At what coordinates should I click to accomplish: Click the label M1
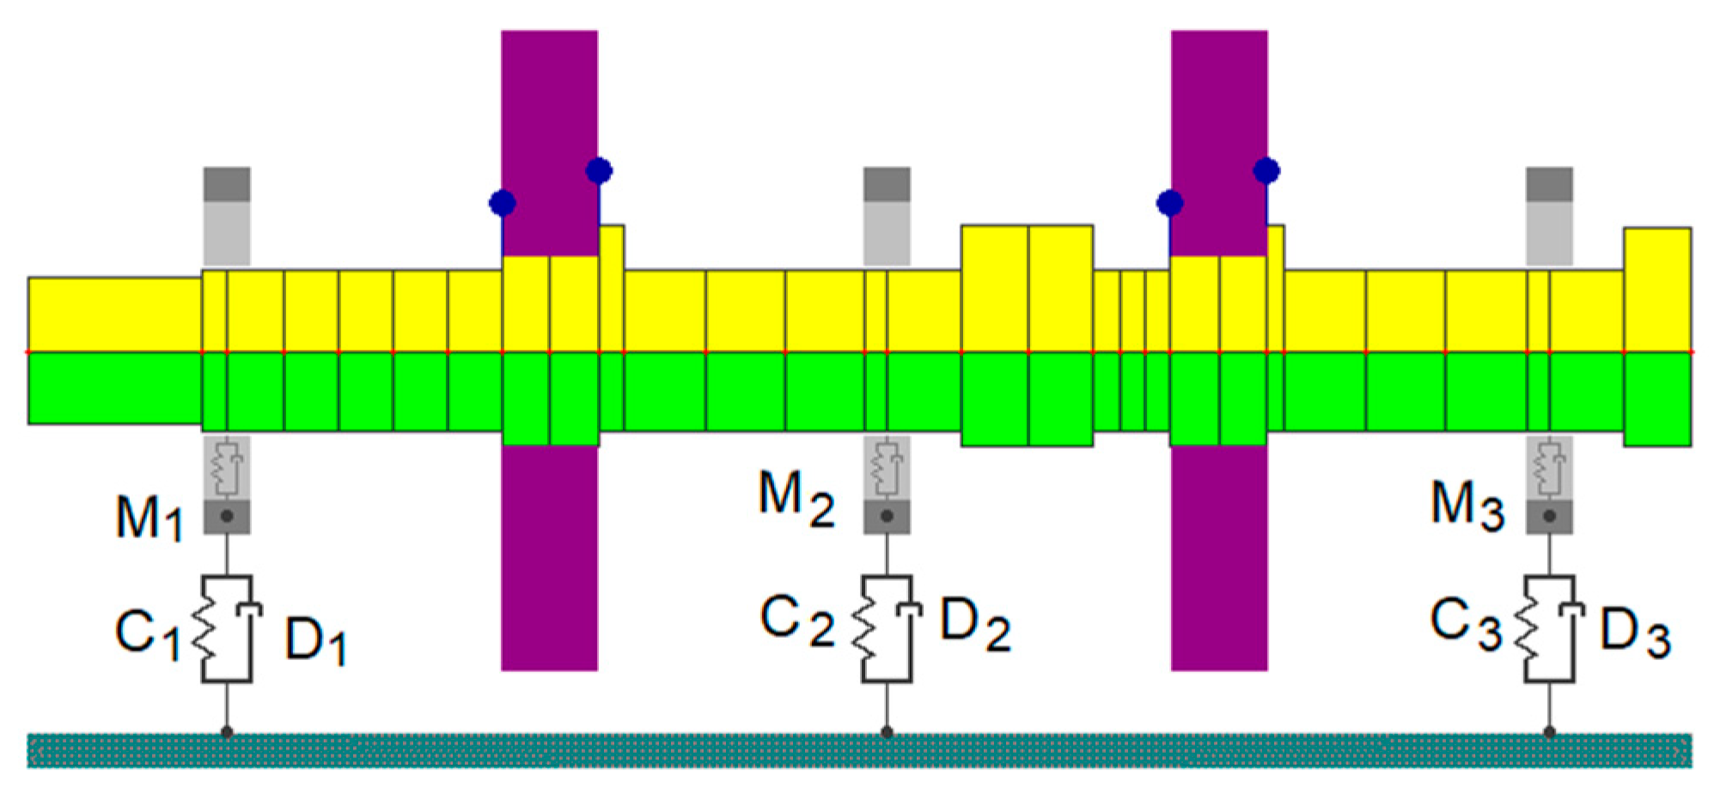tap(149, 518)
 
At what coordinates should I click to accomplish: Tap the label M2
tap(796, 499)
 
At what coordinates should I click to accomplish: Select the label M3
tap(1467, 505)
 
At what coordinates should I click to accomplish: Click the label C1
tap(148, 635)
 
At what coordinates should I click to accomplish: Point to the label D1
tap(315, 641)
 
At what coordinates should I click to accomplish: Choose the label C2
tap(796, 621)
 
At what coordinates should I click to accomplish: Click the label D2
tap(975, 624)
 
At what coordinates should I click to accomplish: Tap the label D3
tap(1635, 633)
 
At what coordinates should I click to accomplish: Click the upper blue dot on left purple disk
tap(599, 171)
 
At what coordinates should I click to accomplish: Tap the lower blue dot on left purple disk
tap(503, 204)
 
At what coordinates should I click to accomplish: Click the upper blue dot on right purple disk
tap(1266, 171)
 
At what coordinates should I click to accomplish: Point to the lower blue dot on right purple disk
tap(1170, 204)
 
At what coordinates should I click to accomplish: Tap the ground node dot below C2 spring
tap(887, 732)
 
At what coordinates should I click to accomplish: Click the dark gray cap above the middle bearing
tap(887, 185)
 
